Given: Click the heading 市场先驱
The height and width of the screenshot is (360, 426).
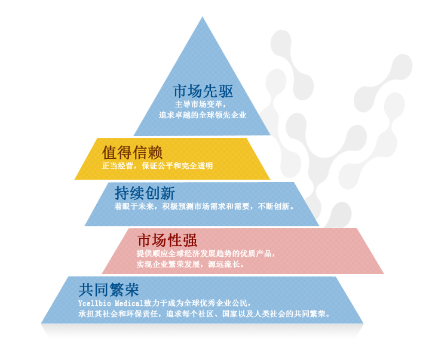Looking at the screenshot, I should point(202,91).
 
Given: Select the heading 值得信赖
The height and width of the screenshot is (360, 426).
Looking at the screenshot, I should point(133,152).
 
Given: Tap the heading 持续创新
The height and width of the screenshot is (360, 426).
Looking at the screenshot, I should point(145,193).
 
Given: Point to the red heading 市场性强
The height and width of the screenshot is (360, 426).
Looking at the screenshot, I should point(167,241).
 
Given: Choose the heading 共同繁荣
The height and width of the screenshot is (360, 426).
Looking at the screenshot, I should point(109,290).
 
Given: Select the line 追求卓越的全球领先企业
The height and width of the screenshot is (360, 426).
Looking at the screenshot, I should point(202,115).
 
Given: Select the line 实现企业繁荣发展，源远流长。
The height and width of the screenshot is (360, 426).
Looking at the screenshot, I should point(190,264).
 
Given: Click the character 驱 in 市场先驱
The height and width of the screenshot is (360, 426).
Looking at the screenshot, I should point(225,91).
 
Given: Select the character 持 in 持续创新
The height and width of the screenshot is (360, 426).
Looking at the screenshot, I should point(122,193).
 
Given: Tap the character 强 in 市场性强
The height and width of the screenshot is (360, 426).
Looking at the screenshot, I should point(190,241).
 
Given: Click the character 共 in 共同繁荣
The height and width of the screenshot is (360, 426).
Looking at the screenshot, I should point(86,290).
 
